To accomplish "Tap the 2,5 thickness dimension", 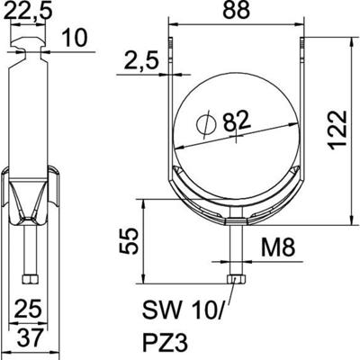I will tap(138, 63).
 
